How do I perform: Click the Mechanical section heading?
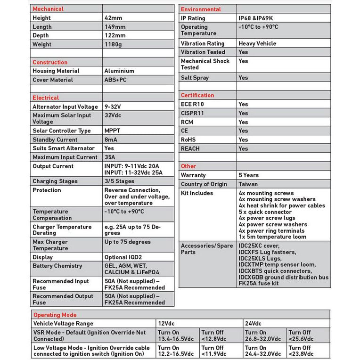tap(48, 9)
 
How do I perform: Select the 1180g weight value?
tap(114, 45)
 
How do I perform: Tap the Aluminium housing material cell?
tap(119, 71)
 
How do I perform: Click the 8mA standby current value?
tap(111, 140)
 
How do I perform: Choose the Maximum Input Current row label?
tap(65, 157)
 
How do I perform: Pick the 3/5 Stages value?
tap(119, 181)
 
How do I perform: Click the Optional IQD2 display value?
tap(123, 258)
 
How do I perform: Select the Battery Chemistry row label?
tap(57, 266)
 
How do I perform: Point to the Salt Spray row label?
tap(195, 78)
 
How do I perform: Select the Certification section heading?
tap(197, 95)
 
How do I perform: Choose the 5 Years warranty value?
tap(249, 175)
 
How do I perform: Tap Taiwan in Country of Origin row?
tap(248, 184)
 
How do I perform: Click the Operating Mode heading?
tap(55, 315)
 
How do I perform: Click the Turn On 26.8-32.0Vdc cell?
tap(265, 336)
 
